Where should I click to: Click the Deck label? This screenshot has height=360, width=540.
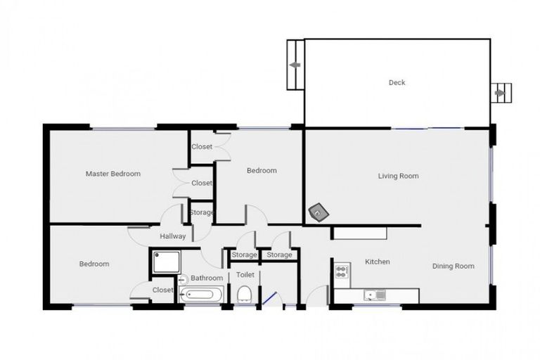[x=397, y=83]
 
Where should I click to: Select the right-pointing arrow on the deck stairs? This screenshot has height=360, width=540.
[x=500, y=92]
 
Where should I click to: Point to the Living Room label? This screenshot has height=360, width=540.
[x=399, y=176]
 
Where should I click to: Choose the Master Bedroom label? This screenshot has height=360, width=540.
[x=113, y=174]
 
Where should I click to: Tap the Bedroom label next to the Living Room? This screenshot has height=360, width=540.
[x=262, y=170]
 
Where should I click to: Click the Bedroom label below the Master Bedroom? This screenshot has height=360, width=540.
[x=94, y=264]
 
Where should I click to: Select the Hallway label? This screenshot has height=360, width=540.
[x=173, y=236]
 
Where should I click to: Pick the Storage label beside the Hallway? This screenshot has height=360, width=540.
[x=202, y=212]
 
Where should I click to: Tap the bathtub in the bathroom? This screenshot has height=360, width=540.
[x=201, y=295]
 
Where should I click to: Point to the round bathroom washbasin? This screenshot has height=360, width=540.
[x=183, y=279]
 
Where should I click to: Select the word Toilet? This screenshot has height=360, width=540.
[x=245, y=275]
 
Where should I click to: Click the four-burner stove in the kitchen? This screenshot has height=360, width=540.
[x=342, y=270]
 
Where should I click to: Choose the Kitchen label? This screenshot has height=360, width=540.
[x=378, y=262]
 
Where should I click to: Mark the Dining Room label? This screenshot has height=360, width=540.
[x=453, y=266]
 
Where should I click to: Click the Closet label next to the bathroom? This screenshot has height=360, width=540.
[x=163, y=290]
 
